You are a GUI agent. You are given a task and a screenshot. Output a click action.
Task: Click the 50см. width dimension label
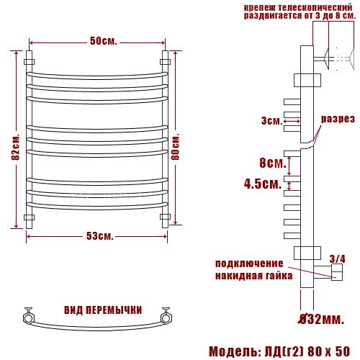104,41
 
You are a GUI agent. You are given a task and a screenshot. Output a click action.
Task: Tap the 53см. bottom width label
99,236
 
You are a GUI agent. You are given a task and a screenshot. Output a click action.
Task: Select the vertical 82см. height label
15,148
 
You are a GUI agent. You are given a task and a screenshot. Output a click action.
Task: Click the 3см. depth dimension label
271,120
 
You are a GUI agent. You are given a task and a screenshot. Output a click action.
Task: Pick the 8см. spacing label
273,163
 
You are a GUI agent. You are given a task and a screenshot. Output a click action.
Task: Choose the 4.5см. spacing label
263,184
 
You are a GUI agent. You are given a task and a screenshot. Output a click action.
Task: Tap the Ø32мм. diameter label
322,319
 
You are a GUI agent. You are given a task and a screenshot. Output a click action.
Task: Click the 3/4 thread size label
338,259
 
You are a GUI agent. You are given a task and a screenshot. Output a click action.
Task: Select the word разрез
338,119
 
